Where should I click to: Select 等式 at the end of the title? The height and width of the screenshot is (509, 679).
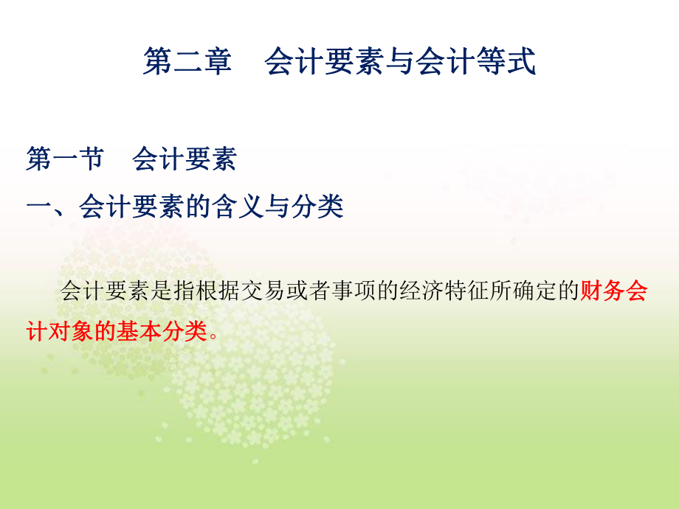click(511, 62)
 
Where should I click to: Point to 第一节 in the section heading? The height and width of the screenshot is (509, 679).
click(65, 160)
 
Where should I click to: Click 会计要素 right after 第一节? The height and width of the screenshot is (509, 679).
click(185, 160)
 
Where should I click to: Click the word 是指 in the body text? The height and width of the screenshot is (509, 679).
click(187, 292)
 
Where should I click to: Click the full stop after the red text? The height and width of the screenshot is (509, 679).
click(214, 334)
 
